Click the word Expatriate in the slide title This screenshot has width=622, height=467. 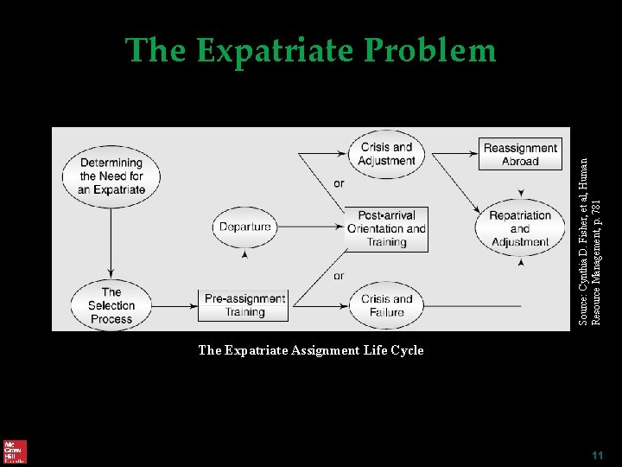click(276, 51)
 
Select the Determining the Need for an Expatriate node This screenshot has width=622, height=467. click(111, 176)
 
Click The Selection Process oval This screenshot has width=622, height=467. click(111, 305)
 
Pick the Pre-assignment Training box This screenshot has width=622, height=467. click(244, 305)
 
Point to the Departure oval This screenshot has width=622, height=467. click(244, 227)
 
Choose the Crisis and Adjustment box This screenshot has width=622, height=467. click(387, 154)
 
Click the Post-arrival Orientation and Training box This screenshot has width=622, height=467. click(386, 228)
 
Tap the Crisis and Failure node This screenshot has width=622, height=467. click(386, 305)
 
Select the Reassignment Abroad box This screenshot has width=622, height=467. click(520, 154)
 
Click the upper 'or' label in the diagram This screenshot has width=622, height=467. click(338, 183)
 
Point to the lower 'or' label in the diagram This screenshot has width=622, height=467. click(338, 276)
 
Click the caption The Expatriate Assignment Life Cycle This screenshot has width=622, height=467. click(311, 350)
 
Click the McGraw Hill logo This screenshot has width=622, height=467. click(15, 451)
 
